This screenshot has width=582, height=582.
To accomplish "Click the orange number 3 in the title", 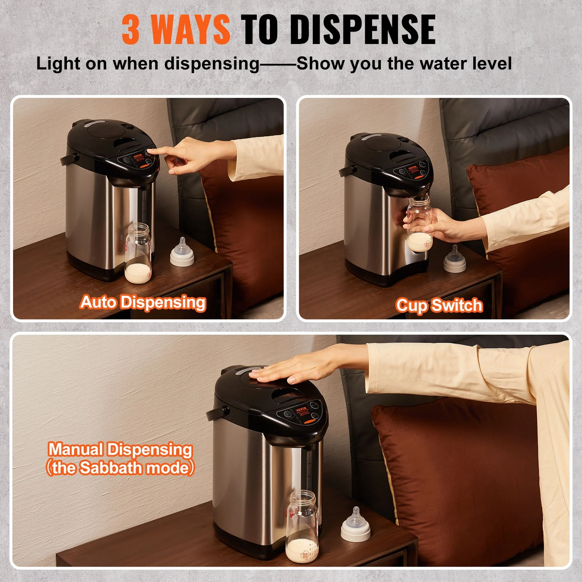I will tap(131, 30).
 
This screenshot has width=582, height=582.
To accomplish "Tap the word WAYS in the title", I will tap(190, 30).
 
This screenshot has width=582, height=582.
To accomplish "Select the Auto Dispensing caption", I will tap(143, 303).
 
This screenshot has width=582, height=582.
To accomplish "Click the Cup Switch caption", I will tap(439, 306).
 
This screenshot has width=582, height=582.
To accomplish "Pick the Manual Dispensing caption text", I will tap(120, 450).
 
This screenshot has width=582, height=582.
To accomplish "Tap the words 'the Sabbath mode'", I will tap(120, 468).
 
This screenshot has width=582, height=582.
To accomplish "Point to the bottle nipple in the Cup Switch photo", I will tap(455, 260).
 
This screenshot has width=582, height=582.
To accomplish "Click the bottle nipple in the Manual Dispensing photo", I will tap(356, 525).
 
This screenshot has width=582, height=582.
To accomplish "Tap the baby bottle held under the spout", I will tap(419, 226).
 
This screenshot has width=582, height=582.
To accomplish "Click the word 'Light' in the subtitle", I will tap(58, 64).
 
